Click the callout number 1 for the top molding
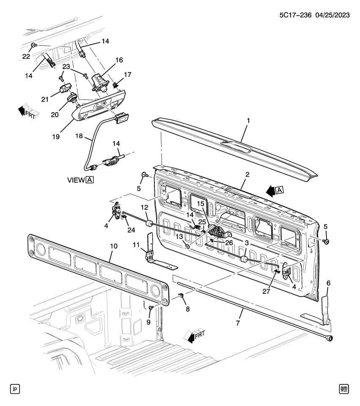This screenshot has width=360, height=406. [248, 121]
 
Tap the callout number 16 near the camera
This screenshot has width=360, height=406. [119, 60]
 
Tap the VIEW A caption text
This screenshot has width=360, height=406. [80, 179]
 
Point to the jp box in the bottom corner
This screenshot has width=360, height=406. [15, 389]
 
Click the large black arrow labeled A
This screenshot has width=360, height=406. [271, 191]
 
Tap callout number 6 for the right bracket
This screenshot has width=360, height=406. [328, 283]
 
